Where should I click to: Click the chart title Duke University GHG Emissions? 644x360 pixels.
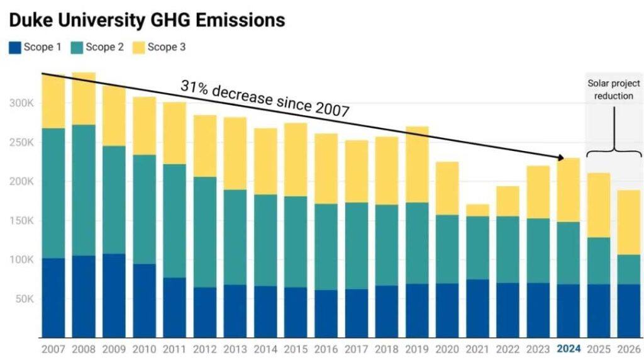click(146, 20)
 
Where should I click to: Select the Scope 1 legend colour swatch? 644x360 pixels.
click(14, 47)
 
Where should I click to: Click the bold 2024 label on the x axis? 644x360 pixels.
click(569, 349)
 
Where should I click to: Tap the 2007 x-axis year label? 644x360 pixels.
click(53, 349)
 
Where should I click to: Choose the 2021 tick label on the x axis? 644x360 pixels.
click(478, 349)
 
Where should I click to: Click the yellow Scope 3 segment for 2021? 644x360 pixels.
click(478, 210)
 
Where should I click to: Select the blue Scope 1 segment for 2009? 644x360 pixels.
click(114, 296)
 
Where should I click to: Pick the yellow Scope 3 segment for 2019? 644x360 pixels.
click(417, 164)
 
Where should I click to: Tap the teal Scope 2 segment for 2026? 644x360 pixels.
click(629, 269)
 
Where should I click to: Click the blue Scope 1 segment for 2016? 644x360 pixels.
click(326, 313)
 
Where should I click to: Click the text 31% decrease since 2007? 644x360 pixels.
click(265, 98)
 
